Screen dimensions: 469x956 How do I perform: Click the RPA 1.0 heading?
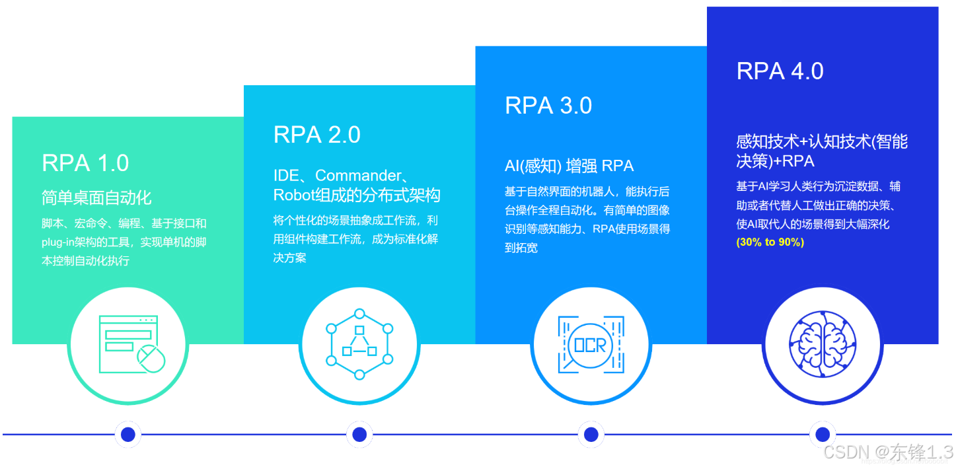click(x=85, y=162)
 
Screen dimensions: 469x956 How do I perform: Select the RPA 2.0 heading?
click(x=316, y=135)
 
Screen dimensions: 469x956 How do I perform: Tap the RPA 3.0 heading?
click(x=548, y=106)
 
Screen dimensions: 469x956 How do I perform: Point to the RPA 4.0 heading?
click(x=780, y=71)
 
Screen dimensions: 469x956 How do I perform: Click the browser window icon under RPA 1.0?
click(x=129, y=344)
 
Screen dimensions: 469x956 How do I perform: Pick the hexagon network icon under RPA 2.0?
click(x=359, y=344)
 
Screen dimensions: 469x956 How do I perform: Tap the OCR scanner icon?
click(x=591, y=344)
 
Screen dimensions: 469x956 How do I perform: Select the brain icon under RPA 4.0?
click(x=822, y=344)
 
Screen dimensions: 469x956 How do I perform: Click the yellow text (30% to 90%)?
click(x=770, y=242)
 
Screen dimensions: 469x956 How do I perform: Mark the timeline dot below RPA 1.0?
click(x=128, y=434)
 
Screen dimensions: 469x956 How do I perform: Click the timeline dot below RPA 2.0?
click(x=359, y=434)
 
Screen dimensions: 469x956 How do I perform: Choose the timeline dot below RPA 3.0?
click(x=591, y=434)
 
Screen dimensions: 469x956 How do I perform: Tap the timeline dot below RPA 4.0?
click(x=822, y=434)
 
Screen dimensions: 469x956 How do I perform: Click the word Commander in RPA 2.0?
click(x=358, y=176)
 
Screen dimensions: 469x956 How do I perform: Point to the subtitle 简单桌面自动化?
click(x=96, y=197)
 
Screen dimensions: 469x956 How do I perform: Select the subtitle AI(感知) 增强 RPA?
click(x=569, y=166)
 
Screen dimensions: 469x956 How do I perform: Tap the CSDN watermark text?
click(x=888, y=452)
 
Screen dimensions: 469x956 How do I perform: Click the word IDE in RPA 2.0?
click(x=286, y=176)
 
